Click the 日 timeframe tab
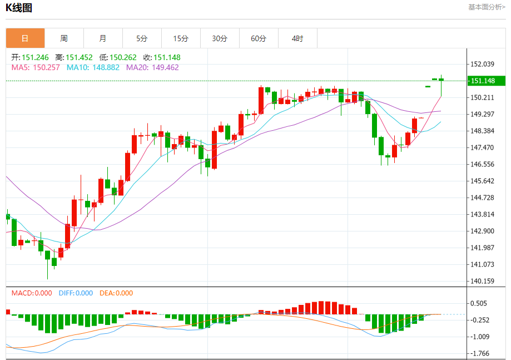(25, 38)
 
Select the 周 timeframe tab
(64, 38)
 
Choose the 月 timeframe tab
(103, 38)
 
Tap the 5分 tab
(142, 38)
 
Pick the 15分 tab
(181, 38)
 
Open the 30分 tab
(220, 38)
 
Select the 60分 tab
(259, 38)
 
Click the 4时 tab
(297, 38)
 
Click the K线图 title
(19, 8)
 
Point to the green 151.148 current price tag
(485, 81)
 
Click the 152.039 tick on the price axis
(482, 64)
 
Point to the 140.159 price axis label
(482, 281)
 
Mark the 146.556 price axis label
(482, 164)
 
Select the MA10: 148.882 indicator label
(93, 67)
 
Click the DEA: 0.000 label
(116, 293)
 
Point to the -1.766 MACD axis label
(482, 353)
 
